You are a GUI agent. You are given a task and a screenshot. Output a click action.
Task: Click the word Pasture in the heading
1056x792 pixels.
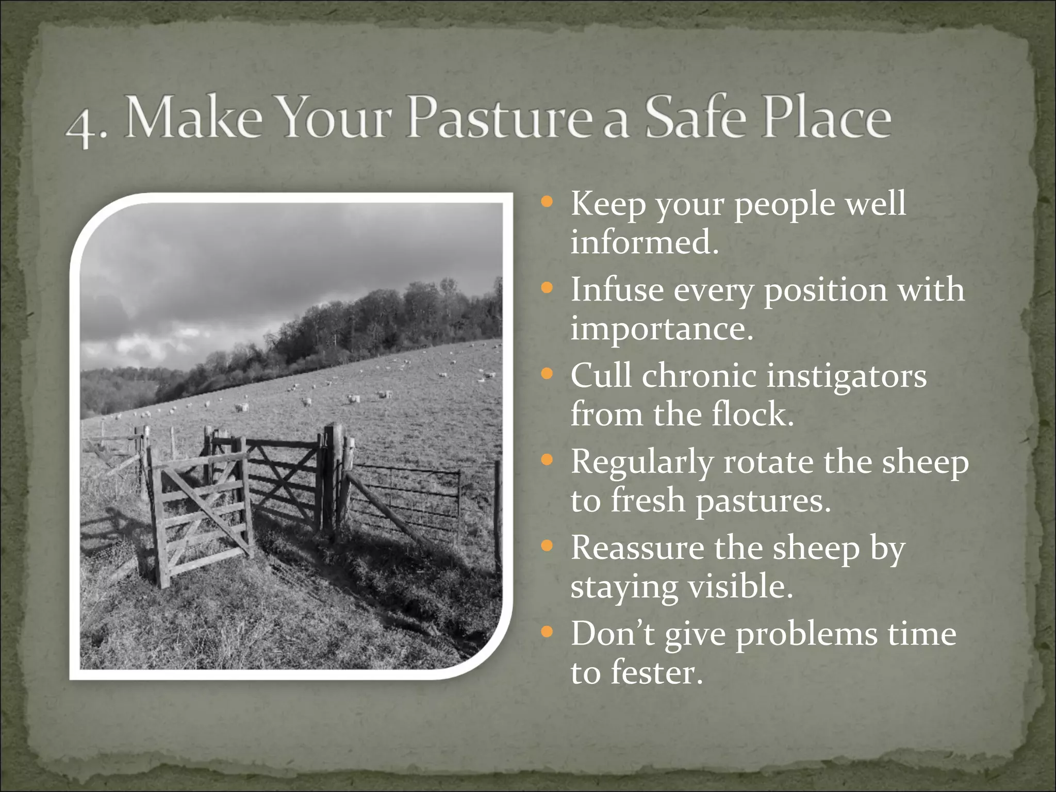pyautogui.click(x=483, y=120)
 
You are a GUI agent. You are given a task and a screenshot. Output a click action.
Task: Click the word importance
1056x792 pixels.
pyautogui.click(x=662, y=329)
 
